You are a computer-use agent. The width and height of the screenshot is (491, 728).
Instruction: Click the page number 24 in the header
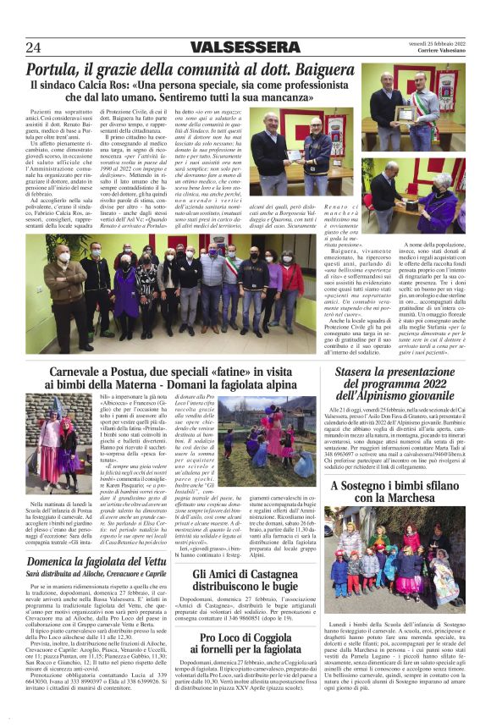[35, 47]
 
